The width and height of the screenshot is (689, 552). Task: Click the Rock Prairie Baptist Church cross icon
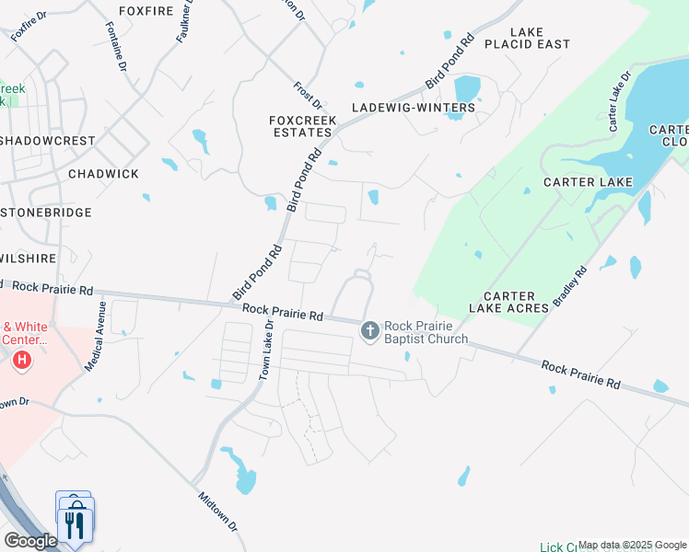click(370, 330)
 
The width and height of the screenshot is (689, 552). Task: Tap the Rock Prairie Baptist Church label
click(426, 332)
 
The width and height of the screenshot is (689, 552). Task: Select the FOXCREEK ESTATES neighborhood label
click(300, 126)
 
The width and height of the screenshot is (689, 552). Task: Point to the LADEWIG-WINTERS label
click(414, 108)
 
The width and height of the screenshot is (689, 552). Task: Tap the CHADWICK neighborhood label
click(103, 174)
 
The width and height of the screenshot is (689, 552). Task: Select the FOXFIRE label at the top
click(146, 11)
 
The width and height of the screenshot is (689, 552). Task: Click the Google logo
click(30, 541)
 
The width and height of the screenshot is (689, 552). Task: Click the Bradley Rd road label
click(569, 288)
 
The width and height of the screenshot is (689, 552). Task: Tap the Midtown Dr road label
click(218, 511)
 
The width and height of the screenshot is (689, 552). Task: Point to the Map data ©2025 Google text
click(633, 545)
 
